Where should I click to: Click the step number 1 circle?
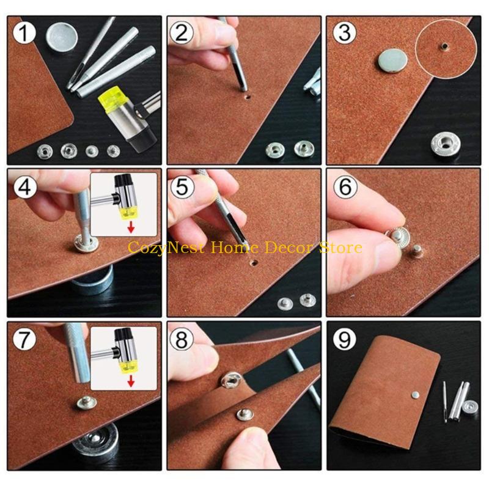point(24,33)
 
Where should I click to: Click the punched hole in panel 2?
point(245,96)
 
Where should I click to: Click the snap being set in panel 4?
point(84,234)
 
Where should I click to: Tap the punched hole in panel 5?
point(251,265)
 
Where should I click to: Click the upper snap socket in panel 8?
point(231,381)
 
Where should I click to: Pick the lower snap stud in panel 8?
point(246,415)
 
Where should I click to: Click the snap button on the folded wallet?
point(415,396)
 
